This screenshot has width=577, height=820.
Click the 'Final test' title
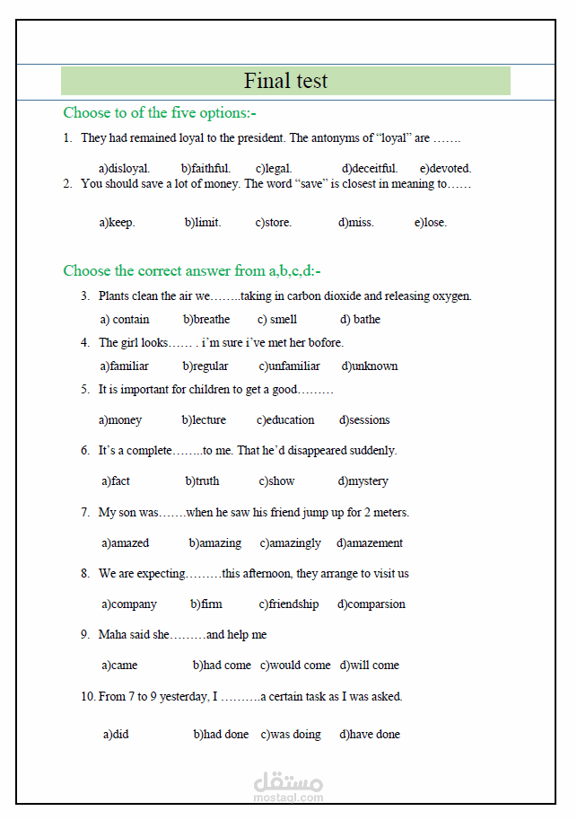(x=285, y=81)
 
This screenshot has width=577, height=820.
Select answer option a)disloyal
(x=124, y=168)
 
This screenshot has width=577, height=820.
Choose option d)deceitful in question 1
(x=369, y=168)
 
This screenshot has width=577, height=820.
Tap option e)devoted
(x=445, y=168)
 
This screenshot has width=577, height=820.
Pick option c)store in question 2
(x=273, y=223)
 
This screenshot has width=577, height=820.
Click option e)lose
(x=430, y=223)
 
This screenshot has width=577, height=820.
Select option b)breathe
(x=206, y=319)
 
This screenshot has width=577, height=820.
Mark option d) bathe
(x=360, y=319)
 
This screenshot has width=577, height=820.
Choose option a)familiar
(x=125, y=366)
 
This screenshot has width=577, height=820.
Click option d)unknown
(x=369, y=366)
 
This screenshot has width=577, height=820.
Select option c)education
(x=285, y=419)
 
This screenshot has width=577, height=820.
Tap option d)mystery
(x=363, y=481)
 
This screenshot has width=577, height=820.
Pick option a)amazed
(x=126, y=542)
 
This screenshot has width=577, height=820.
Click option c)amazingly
(x=290, y=542)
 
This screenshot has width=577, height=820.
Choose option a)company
(x=129, y=604)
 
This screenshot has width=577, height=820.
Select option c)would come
(x=295, y=665)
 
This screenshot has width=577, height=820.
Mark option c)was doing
(x=291, y=734)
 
